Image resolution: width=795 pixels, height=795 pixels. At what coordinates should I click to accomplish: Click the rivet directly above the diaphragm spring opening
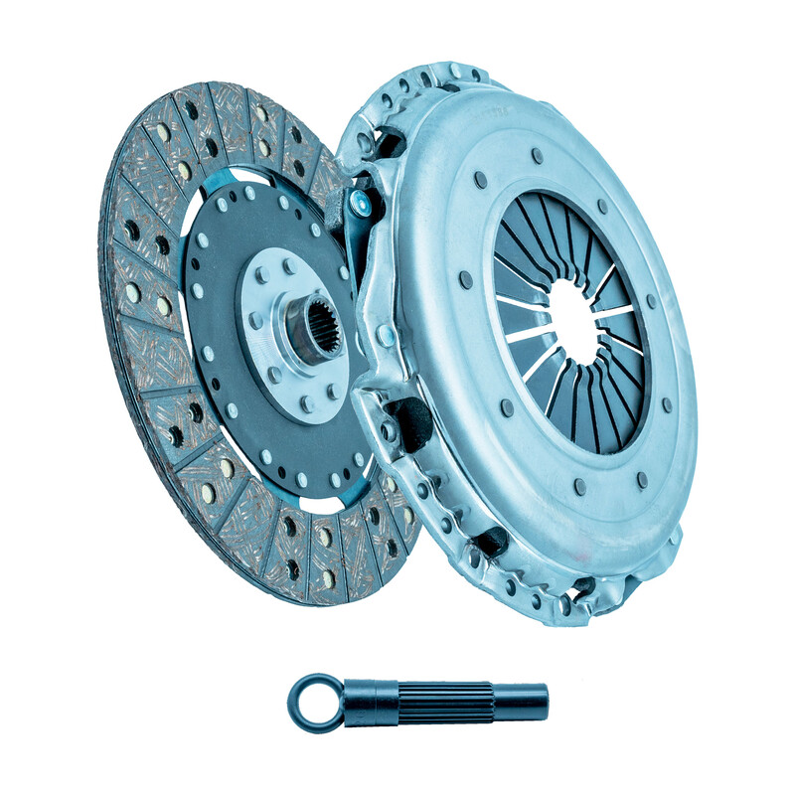click(x=538, y=156)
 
